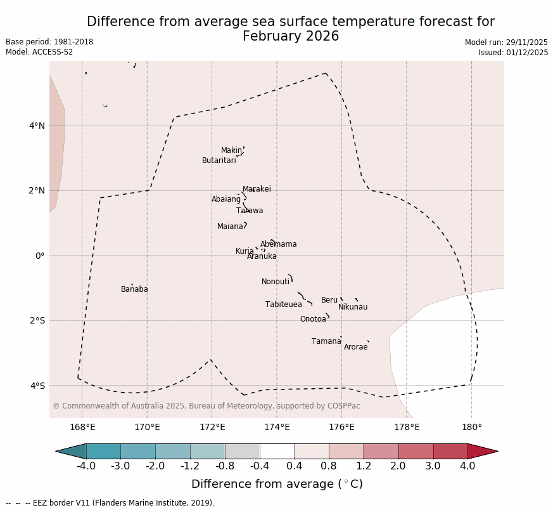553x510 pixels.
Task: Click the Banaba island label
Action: point(134,290)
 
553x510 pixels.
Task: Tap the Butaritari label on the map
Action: point(219,161)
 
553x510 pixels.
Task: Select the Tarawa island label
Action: point(250,211)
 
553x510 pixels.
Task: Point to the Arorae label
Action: point(355,348)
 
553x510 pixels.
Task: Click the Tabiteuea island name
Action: point(283,305)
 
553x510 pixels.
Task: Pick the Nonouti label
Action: point(275,282)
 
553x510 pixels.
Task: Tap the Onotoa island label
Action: point(313,320)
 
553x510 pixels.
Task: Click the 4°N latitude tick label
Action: point(37,126)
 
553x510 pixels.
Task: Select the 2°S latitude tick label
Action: point(37,321)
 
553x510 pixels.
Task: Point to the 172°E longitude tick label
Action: point(212,428)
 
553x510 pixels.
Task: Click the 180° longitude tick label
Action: point(471,428)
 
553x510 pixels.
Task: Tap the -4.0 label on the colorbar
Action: point(86,467)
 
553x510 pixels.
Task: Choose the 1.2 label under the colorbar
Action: point(364,467)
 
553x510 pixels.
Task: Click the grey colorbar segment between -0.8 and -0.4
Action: point(242,452)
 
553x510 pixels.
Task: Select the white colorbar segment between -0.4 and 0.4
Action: point(277,452)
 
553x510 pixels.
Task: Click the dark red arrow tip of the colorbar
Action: point(485,452)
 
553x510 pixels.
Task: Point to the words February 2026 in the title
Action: point(291,37)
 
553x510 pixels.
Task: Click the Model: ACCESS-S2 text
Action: point(39,53)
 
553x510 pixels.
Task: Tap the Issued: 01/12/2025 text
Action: point(512,53)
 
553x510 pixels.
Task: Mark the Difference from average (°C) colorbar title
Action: point(277,485)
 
